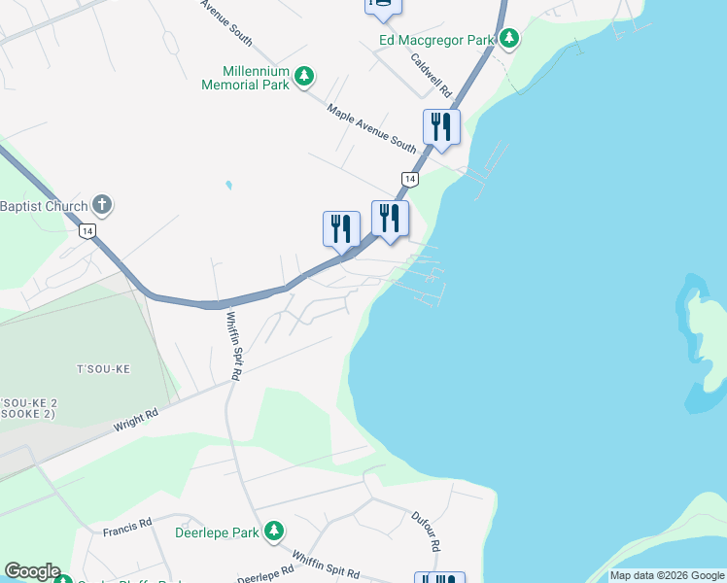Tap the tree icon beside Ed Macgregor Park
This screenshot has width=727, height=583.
(509, 39)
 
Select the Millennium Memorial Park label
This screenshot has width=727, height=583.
(257, 78)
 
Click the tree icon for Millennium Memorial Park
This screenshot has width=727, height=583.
(304, 76)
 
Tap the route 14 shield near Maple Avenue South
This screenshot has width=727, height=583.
(410, 180)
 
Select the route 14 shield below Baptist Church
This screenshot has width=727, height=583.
(87, 231)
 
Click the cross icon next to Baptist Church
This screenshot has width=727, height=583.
(102, 205)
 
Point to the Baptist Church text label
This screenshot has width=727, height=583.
(43, 206)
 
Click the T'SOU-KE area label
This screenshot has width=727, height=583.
(103, 369)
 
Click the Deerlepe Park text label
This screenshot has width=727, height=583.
(217, 532)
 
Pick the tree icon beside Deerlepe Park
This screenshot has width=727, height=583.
(274, 531)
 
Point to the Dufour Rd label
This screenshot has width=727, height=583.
(427, 531)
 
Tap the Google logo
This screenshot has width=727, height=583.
(32, 571)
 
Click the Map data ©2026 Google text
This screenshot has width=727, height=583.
(667, 575)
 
